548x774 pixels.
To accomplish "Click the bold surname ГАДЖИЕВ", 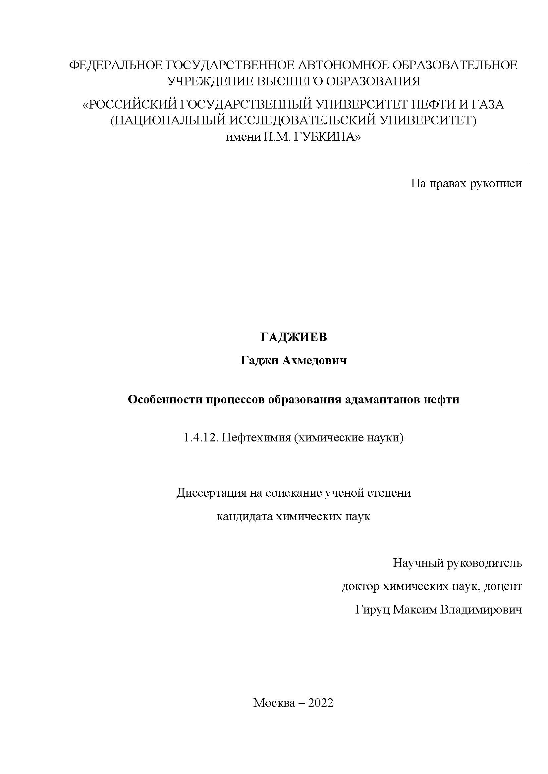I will pos(294,338).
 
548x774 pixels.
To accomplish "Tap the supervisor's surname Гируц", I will pos(372,610).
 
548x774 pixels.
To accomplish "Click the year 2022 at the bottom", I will pos(321,703).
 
